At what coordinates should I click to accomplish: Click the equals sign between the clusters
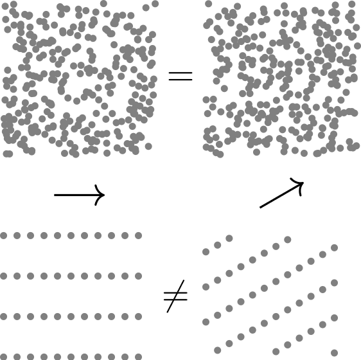coord(180,76)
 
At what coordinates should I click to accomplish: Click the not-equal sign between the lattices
coord(175,296)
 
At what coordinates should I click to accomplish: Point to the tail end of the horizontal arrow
coord(55,195)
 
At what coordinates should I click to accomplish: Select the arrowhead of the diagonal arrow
coord(299,184)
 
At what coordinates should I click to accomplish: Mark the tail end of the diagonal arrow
coord(260,208)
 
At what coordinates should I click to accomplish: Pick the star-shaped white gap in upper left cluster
coord(58,56)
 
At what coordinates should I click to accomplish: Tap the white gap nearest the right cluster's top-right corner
coord(322,30)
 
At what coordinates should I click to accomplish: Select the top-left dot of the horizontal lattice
coord(4,236)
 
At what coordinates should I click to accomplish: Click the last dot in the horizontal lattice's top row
coord(138,236)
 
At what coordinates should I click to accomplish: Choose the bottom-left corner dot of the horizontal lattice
coord(4,356)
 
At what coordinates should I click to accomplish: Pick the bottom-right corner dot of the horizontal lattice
coord(138,356)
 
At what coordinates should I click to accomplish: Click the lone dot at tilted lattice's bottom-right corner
coord(334,352)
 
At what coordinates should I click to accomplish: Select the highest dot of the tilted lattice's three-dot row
coord(229,239)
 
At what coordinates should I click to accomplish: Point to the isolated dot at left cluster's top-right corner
coord(155,4)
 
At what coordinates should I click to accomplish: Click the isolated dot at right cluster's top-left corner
coord(209,4)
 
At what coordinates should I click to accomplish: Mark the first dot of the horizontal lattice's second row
coord(4,276)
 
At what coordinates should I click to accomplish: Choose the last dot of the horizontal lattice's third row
coord(138,316)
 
